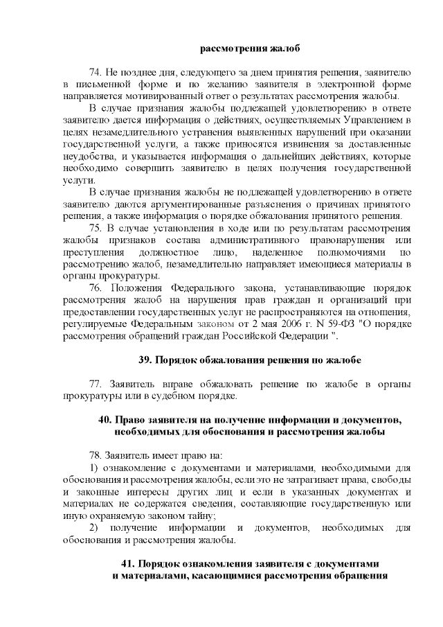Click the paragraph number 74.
96,71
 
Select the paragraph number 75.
96,227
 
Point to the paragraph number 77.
96,384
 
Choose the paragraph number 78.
96,455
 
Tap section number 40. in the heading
106,421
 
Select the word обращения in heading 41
360,575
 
